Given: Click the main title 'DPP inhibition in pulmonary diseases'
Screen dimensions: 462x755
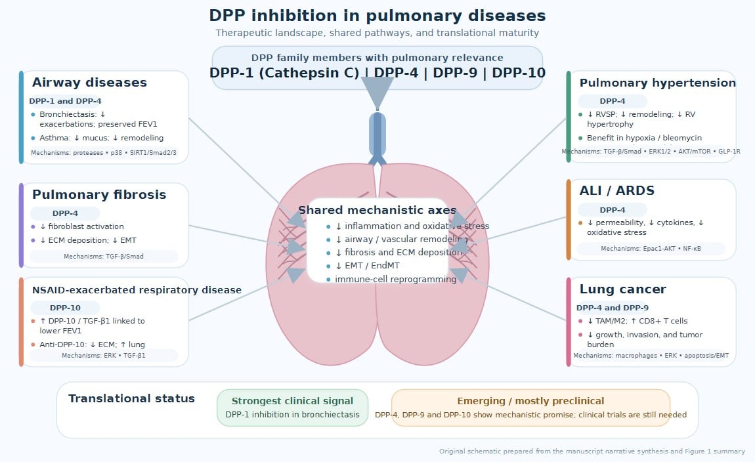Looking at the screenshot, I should [x=377, y=16].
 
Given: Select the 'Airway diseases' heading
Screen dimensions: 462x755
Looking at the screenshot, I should [x=89, y=83].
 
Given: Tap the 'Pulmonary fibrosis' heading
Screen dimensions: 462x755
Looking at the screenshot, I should [x=99, y=195].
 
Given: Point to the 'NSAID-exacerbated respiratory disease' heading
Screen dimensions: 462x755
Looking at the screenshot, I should [x=137, y=290].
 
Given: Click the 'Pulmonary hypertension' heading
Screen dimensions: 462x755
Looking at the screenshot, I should [x=657, y=83].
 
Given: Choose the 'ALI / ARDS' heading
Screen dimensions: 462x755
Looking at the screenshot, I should [x=616, y=191].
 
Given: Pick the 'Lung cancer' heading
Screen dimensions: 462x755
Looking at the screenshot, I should [x=622, y=289].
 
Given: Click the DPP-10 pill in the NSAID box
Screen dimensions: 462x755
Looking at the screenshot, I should [x=65, y=308].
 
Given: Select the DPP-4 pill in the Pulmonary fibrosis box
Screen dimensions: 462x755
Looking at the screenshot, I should [x=65, y=213].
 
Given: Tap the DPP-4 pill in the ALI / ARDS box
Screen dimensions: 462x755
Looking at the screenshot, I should [x=613, y=210].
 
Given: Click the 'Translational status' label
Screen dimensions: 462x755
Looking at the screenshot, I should [x=131, y=399].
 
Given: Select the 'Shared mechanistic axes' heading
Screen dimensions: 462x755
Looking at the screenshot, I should [x=377, y=211].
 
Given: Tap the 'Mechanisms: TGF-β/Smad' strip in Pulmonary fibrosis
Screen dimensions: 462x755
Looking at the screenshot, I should [x=104, y=257].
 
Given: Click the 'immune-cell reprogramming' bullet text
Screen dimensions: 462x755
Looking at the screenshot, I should [x=395, y=280].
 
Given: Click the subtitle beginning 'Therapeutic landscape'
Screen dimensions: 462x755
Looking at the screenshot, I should [x=377, y=33].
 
